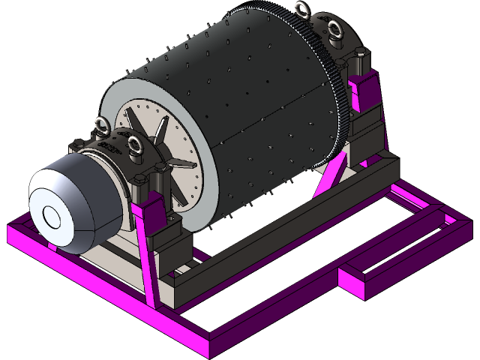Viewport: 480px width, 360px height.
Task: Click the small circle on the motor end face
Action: [x=52, y=217]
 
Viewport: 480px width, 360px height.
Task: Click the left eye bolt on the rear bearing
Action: [x=303, y=10]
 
